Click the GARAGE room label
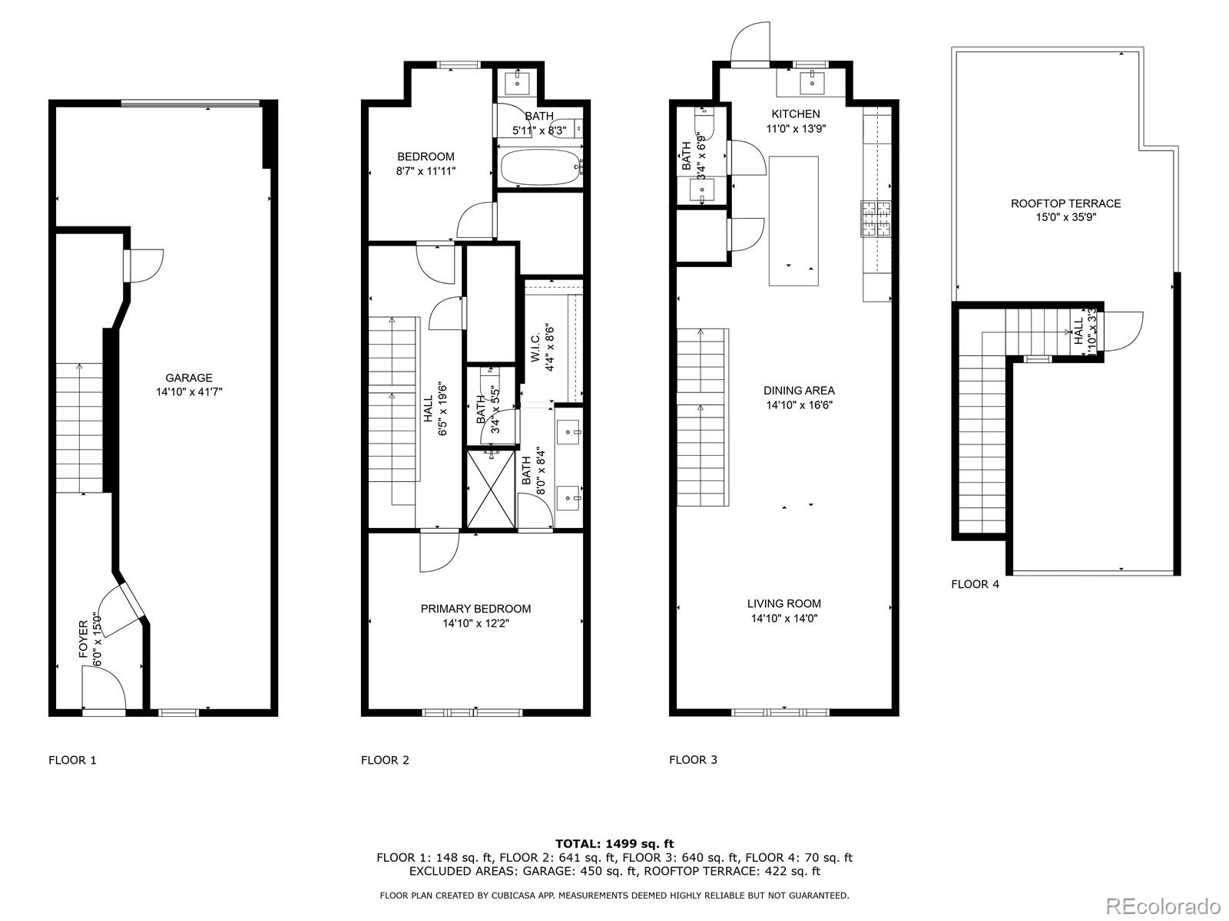tap(189, 378)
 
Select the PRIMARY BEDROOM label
tap(475, 609)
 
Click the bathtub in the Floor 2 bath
tap(538, 167)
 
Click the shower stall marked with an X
tap(491, 489)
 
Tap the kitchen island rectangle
tap(793, 221)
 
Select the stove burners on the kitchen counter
tap(875, 217)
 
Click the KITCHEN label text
tap(796, 114)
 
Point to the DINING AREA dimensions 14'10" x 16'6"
tap(799, 404)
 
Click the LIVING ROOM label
tap(784, 604)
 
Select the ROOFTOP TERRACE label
tap(1065, 203)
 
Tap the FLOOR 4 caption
tap(975, 584)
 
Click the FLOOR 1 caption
tap(72, 761)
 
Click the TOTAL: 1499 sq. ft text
tap(614, 843)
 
